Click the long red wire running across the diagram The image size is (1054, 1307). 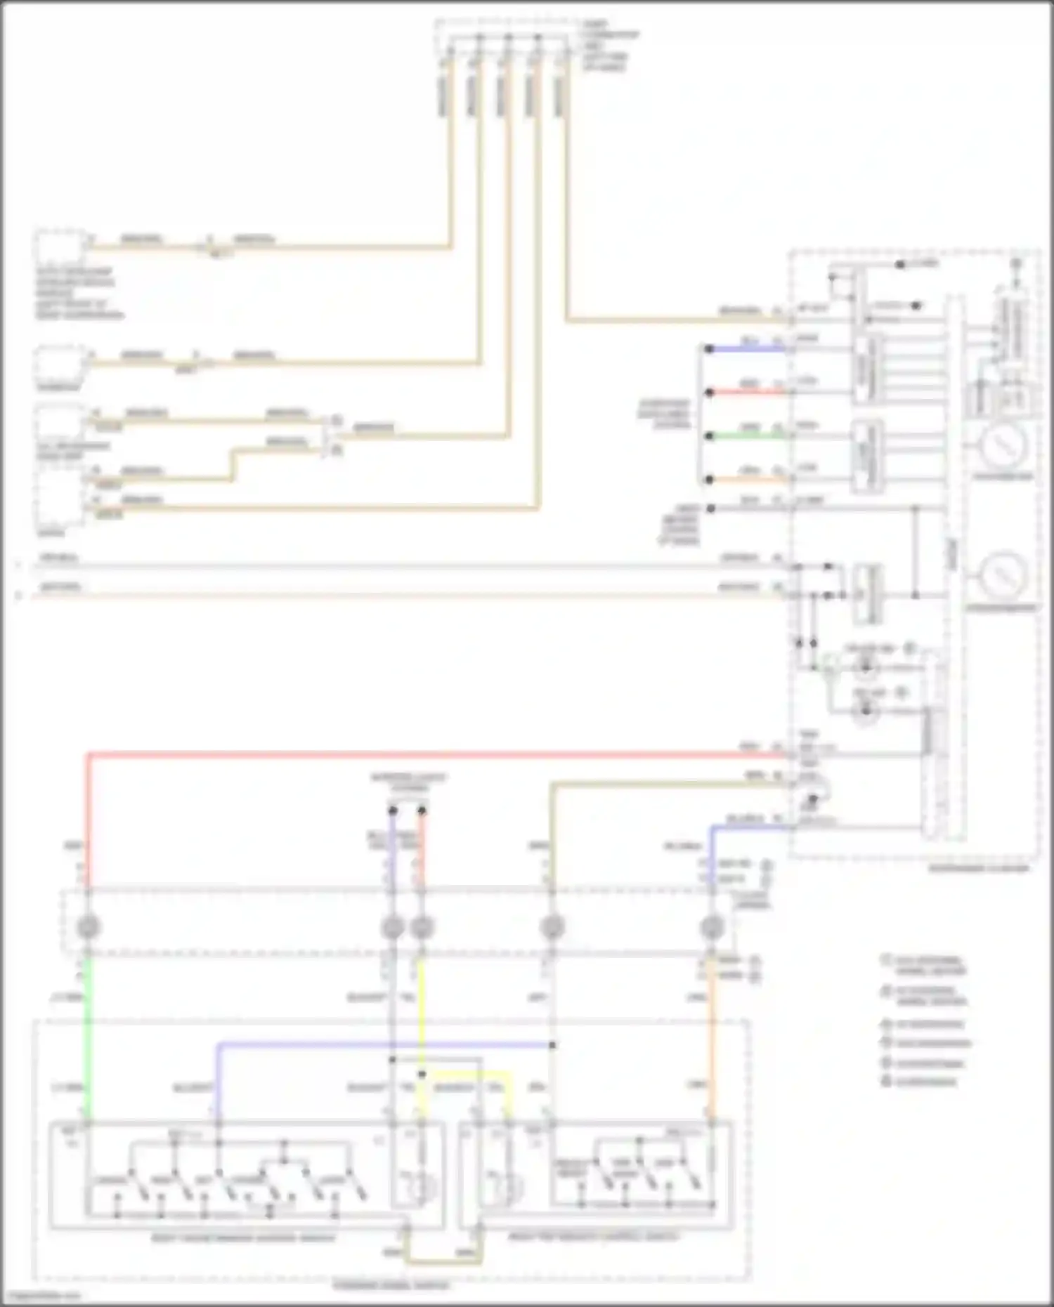[422, 756]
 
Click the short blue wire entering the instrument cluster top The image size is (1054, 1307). [745, 349]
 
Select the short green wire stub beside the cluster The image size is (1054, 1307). [745, 436]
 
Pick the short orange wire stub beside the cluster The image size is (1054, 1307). [745, 480]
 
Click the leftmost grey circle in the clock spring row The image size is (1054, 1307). [87, 927]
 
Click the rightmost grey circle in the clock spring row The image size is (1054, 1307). [712, 927]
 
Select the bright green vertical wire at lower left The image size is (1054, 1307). [87, 1039]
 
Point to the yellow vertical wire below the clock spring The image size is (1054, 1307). [421, 1018]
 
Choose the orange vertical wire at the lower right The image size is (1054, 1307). [712, 1039]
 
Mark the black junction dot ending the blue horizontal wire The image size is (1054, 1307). [553, 1045]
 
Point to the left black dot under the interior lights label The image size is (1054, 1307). [393, 811]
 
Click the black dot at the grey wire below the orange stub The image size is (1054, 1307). [710, 508]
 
